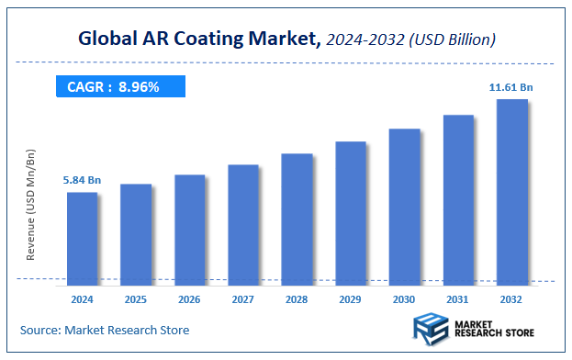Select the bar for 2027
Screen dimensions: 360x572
[243, 223]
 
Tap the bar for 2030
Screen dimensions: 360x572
[404, 205]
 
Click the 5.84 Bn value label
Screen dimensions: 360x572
[82, 180]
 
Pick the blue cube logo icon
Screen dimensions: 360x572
[430, 329]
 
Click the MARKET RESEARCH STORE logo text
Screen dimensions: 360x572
[495, 329]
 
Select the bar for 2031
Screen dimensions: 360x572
[458, 197]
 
